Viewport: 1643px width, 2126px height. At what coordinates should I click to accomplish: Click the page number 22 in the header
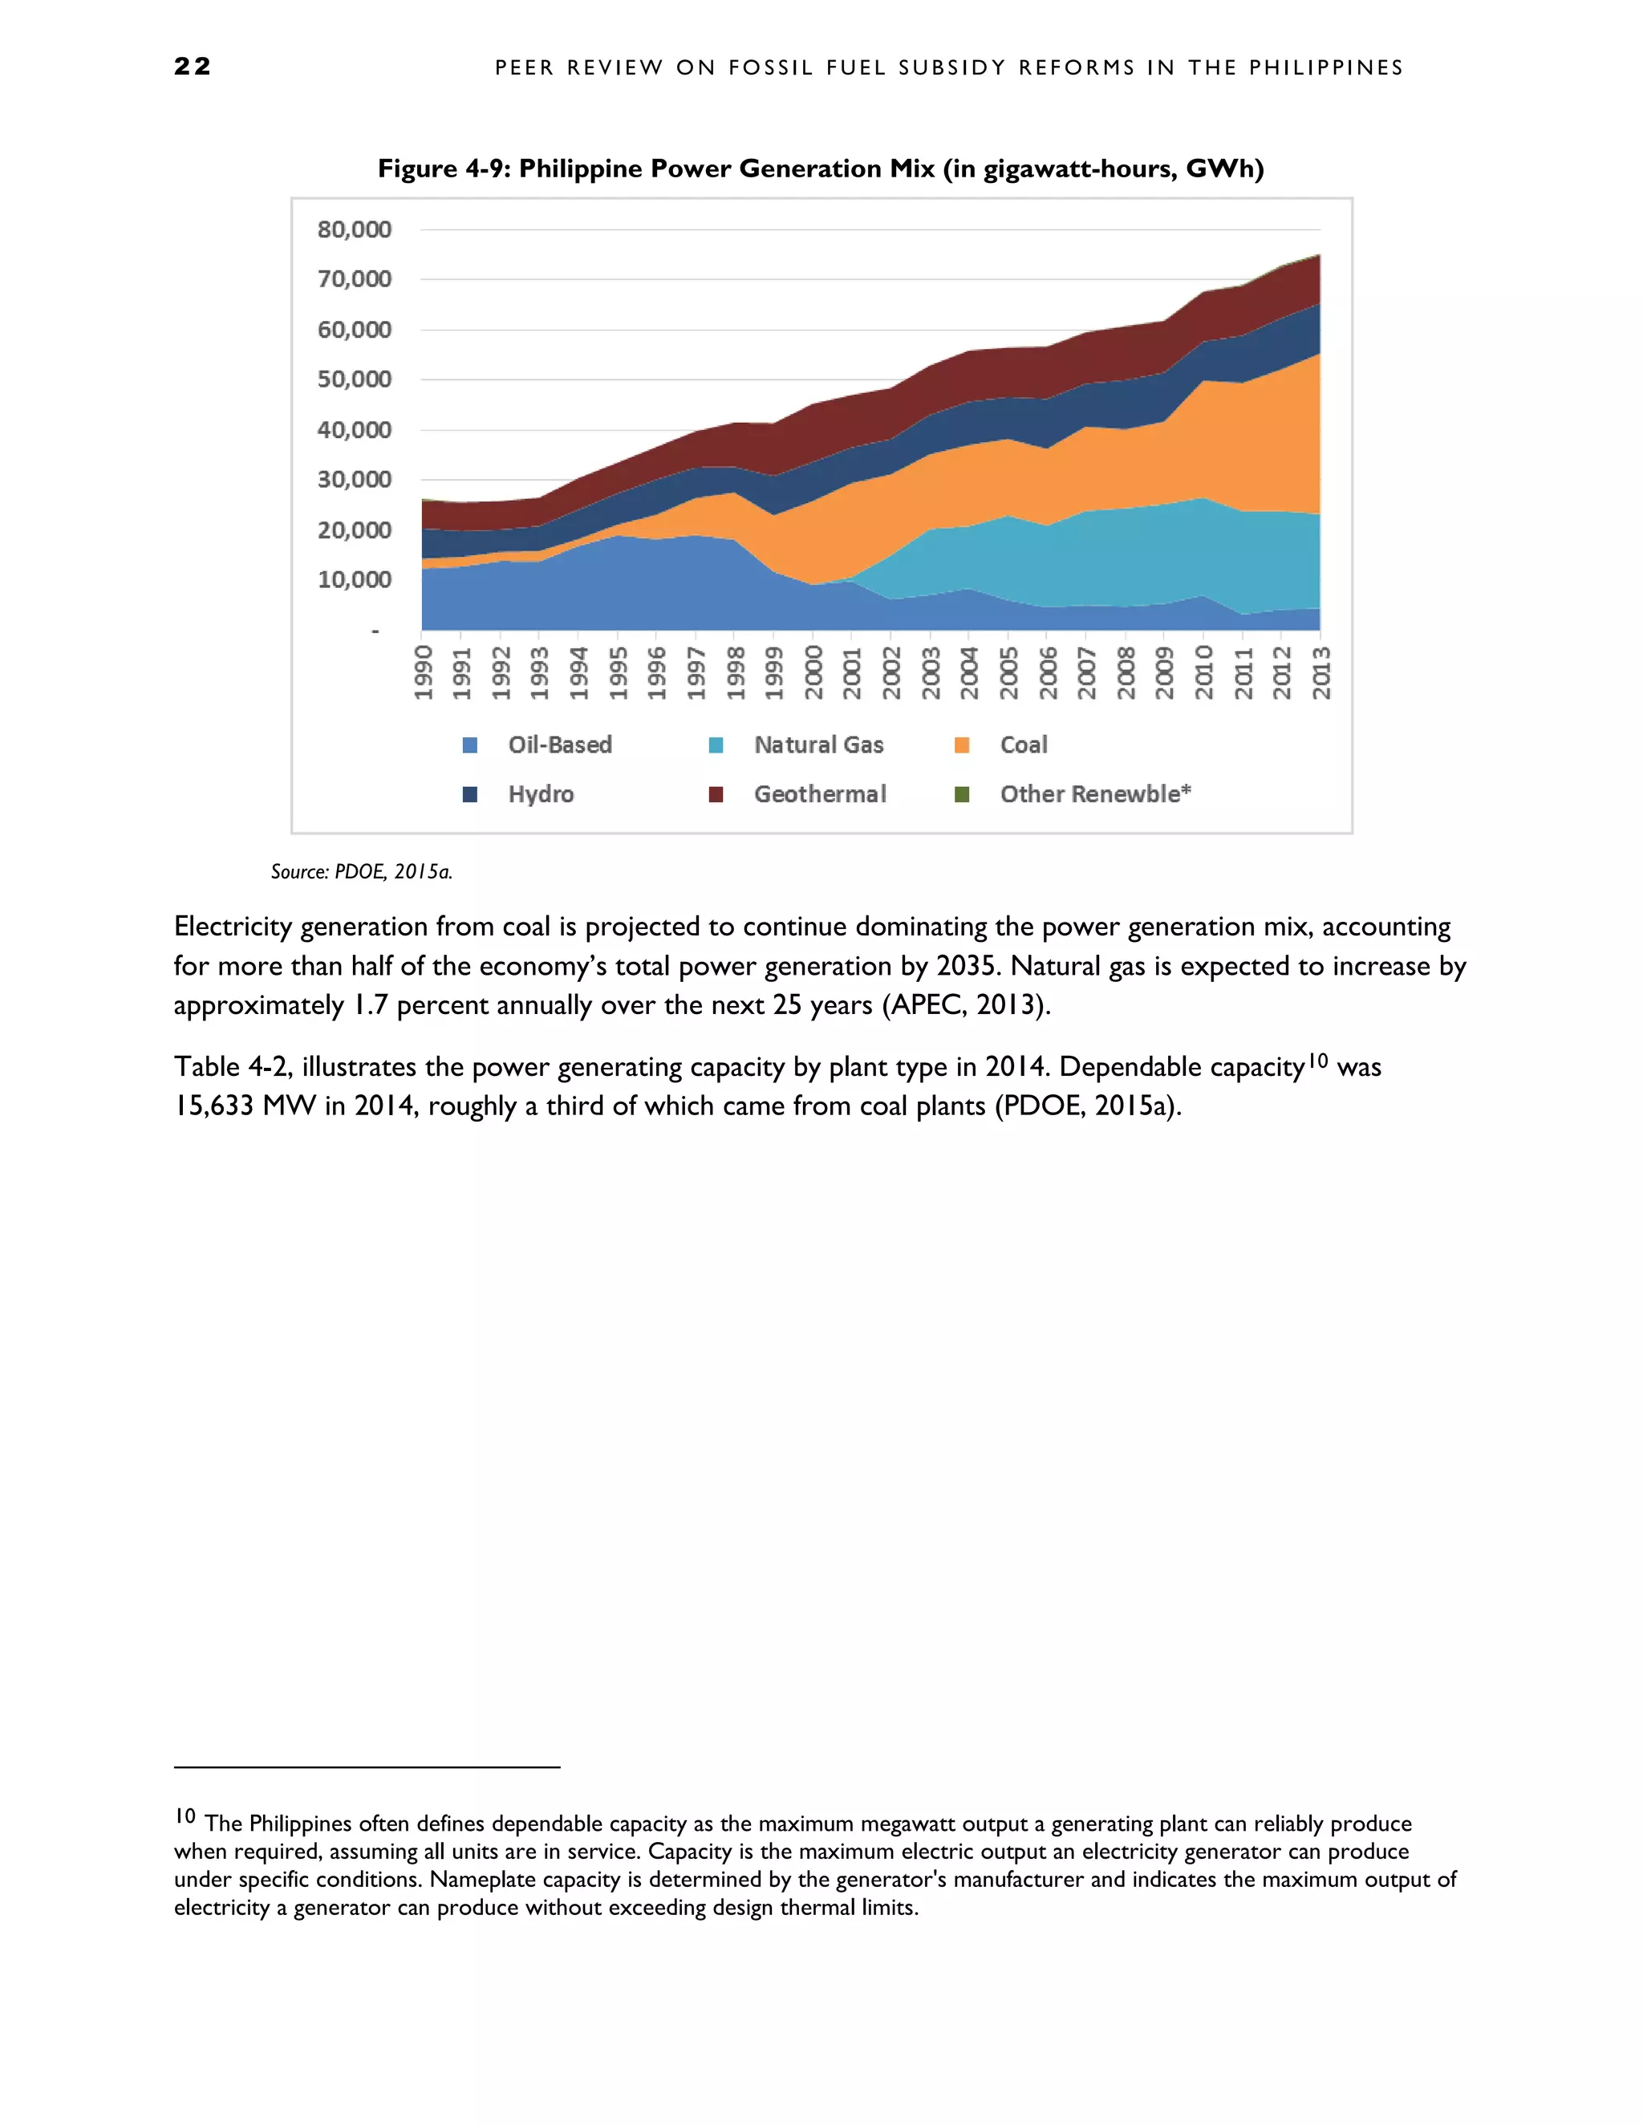(x=192, y=67)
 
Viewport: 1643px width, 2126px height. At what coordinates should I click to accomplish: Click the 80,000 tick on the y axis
(x=355, y=229)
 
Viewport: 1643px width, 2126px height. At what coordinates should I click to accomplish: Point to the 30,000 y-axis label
(x=355, y=479)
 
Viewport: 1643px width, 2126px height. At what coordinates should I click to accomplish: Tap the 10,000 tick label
(x=355, y=579)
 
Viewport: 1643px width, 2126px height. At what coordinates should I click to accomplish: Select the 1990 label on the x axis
(x=424, y=671)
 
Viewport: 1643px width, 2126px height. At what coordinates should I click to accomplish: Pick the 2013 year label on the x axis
(x=1320, y=671)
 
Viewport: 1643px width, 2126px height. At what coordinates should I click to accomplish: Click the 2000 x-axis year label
(x=813, y=671)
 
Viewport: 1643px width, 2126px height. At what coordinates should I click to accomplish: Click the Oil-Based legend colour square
(x=470, y=745)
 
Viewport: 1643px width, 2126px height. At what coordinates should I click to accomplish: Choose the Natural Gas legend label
(x=818, y=745)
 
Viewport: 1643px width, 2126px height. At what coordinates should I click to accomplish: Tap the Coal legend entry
(x=1023, y=745)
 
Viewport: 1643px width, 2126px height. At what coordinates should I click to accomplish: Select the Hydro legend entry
(x=540, y=794)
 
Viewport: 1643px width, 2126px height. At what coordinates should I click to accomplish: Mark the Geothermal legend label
(x=820, y=794)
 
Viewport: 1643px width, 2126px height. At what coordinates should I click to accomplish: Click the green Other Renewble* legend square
(x=962, y=794)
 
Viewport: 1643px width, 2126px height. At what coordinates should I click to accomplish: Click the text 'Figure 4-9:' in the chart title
(x=444, y=168)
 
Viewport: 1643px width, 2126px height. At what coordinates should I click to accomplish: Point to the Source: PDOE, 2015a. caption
(x=361, y=871)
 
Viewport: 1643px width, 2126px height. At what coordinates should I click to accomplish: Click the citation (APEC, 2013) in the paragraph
(x=966, y=1004)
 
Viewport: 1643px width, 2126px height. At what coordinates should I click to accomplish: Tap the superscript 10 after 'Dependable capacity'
(x=1318, y=1060)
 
